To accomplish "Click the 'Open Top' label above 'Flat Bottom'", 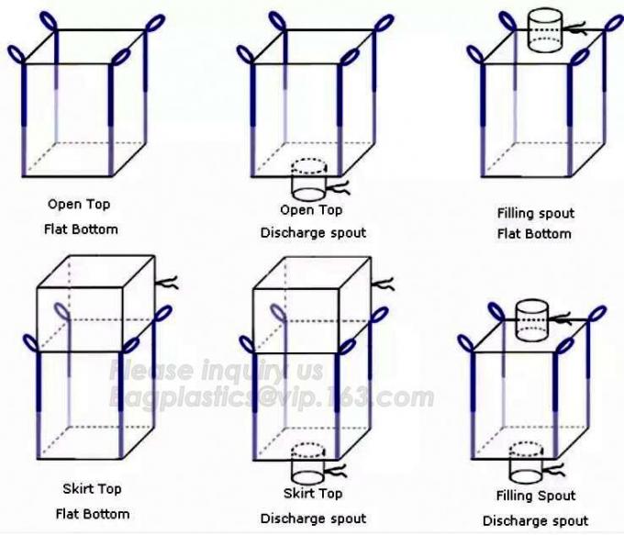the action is tap(79, 205).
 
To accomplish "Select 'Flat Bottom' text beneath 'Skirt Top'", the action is tap(93, 514).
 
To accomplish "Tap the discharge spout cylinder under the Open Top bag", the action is tap(309, 180).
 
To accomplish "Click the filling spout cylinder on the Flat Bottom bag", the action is tap(545, 30).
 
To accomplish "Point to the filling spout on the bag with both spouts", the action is tap(532, 320).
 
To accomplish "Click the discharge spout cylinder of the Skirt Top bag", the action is tap(308, 463).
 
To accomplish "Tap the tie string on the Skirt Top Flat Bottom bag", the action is tap(166, 283).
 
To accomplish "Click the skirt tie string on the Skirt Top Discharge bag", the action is tap(383, 284).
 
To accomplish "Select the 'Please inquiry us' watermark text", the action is tap(216, 371).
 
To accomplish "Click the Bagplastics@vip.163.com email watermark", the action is tap(272, 397).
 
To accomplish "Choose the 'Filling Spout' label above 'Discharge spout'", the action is tap(536, 496).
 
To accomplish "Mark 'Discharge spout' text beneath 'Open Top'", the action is tap(313, 233).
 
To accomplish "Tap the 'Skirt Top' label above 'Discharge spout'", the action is tap(313, 494).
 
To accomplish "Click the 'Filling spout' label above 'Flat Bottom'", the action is tap(536, 214).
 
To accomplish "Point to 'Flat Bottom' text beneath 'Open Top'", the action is tap(81, 229).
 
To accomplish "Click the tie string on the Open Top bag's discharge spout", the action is tap(339, 187).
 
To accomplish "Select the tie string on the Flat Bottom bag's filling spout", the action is tap(574, 29).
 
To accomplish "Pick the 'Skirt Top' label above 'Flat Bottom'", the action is tap(92, 489).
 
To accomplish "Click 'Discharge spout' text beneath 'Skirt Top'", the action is tap(313, 518).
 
